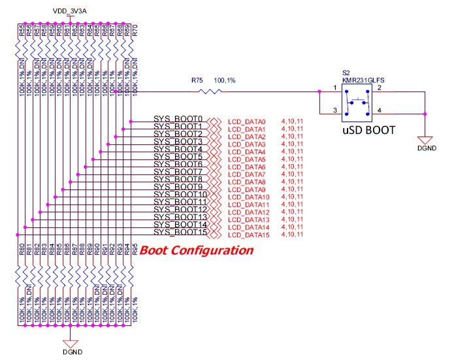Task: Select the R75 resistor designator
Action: pyautogui.click(x=197, y=80)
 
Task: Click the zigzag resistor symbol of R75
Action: pyautogui.click(x=210, y=92)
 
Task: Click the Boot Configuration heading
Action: pyautogui.click(x=197, y=250)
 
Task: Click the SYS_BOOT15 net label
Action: pyautogui.click(x=180, y=233)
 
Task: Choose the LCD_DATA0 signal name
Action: pyautogui.click(x=247, y=122)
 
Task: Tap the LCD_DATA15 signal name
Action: pyautogui.click(x=249, y=235)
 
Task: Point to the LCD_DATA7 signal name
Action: pyautogui.click(x=247, y=174)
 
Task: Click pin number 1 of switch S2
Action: pyautogui.click(x=334, y=87)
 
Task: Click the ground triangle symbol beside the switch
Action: pyautogui.click(x=426, y=140)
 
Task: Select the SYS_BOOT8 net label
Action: pyautogui.click(x=178, y=180)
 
